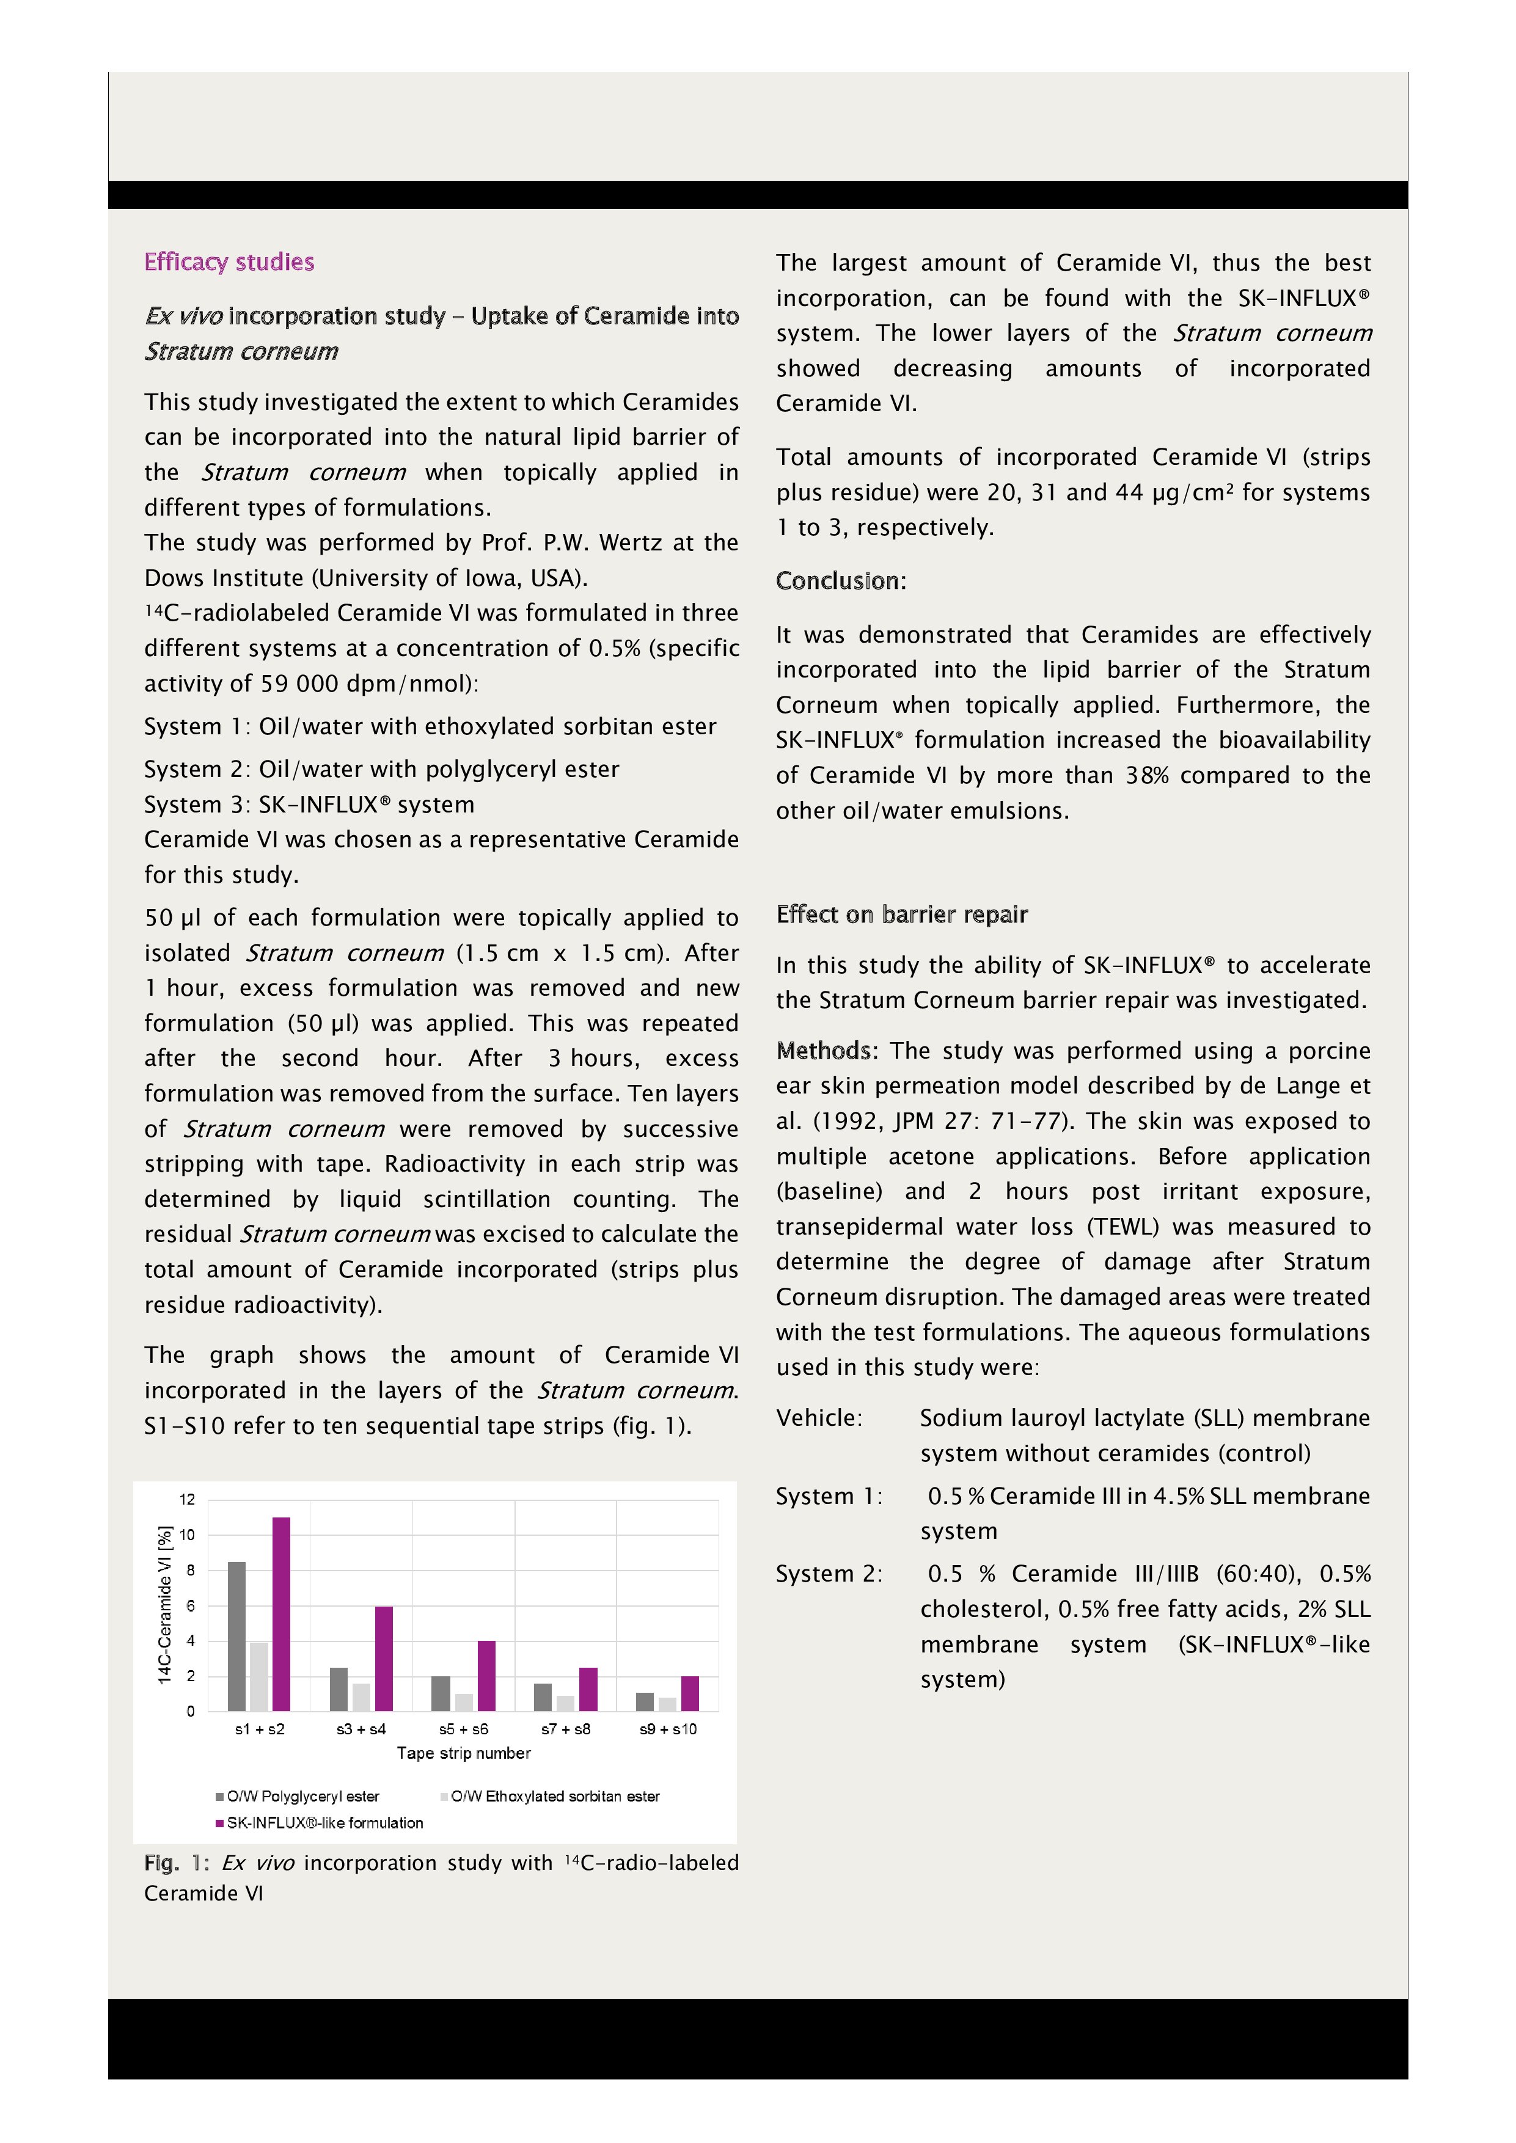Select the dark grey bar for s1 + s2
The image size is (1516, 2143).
tap(237, 1635)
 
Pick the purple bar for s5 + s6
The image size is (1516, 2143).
tap(486, 1676)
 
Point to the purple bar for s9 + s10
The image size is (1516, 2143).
tap(690, 1693)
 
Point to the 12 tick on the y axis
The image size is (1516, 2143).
tap(188, 1500)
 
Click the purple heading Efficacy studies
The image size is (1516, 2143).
tap(229, 261)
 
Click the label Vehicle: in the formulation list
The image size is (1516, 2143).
tap(819, 1418)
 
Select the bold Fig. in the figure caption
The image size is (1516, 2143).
tap(161, 1863)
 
